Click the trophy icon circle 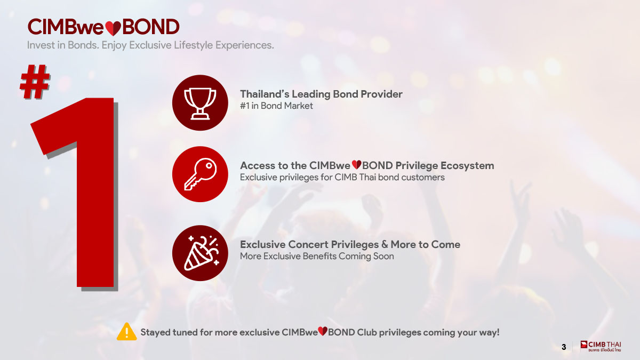click(200, 103)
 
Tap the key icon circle click(200, 174)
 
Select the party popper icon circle click(200, 253)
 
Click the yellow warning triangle click(126, 332)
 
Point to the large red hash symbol click(35, 82)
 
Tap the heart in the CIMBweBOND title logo click(113, 28)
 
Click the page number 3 click(564, 347)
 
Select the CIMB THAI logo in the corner click(601, 346)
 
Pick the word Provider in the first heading click(381, 94)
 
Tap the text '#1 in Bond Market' click(276, 106)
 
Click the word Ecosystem click(467, 166)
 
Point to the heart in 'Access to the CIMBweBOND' click(356, 165)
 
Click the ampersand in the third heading click(385, 245)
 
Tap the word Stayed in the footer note click(155, 333)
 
